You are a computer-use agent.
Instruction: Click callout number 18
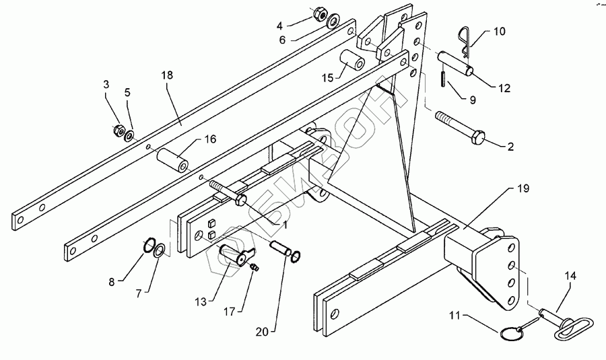[x=167, y=75]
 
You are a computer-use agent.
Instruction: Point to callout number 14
[x=570, y=275]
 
